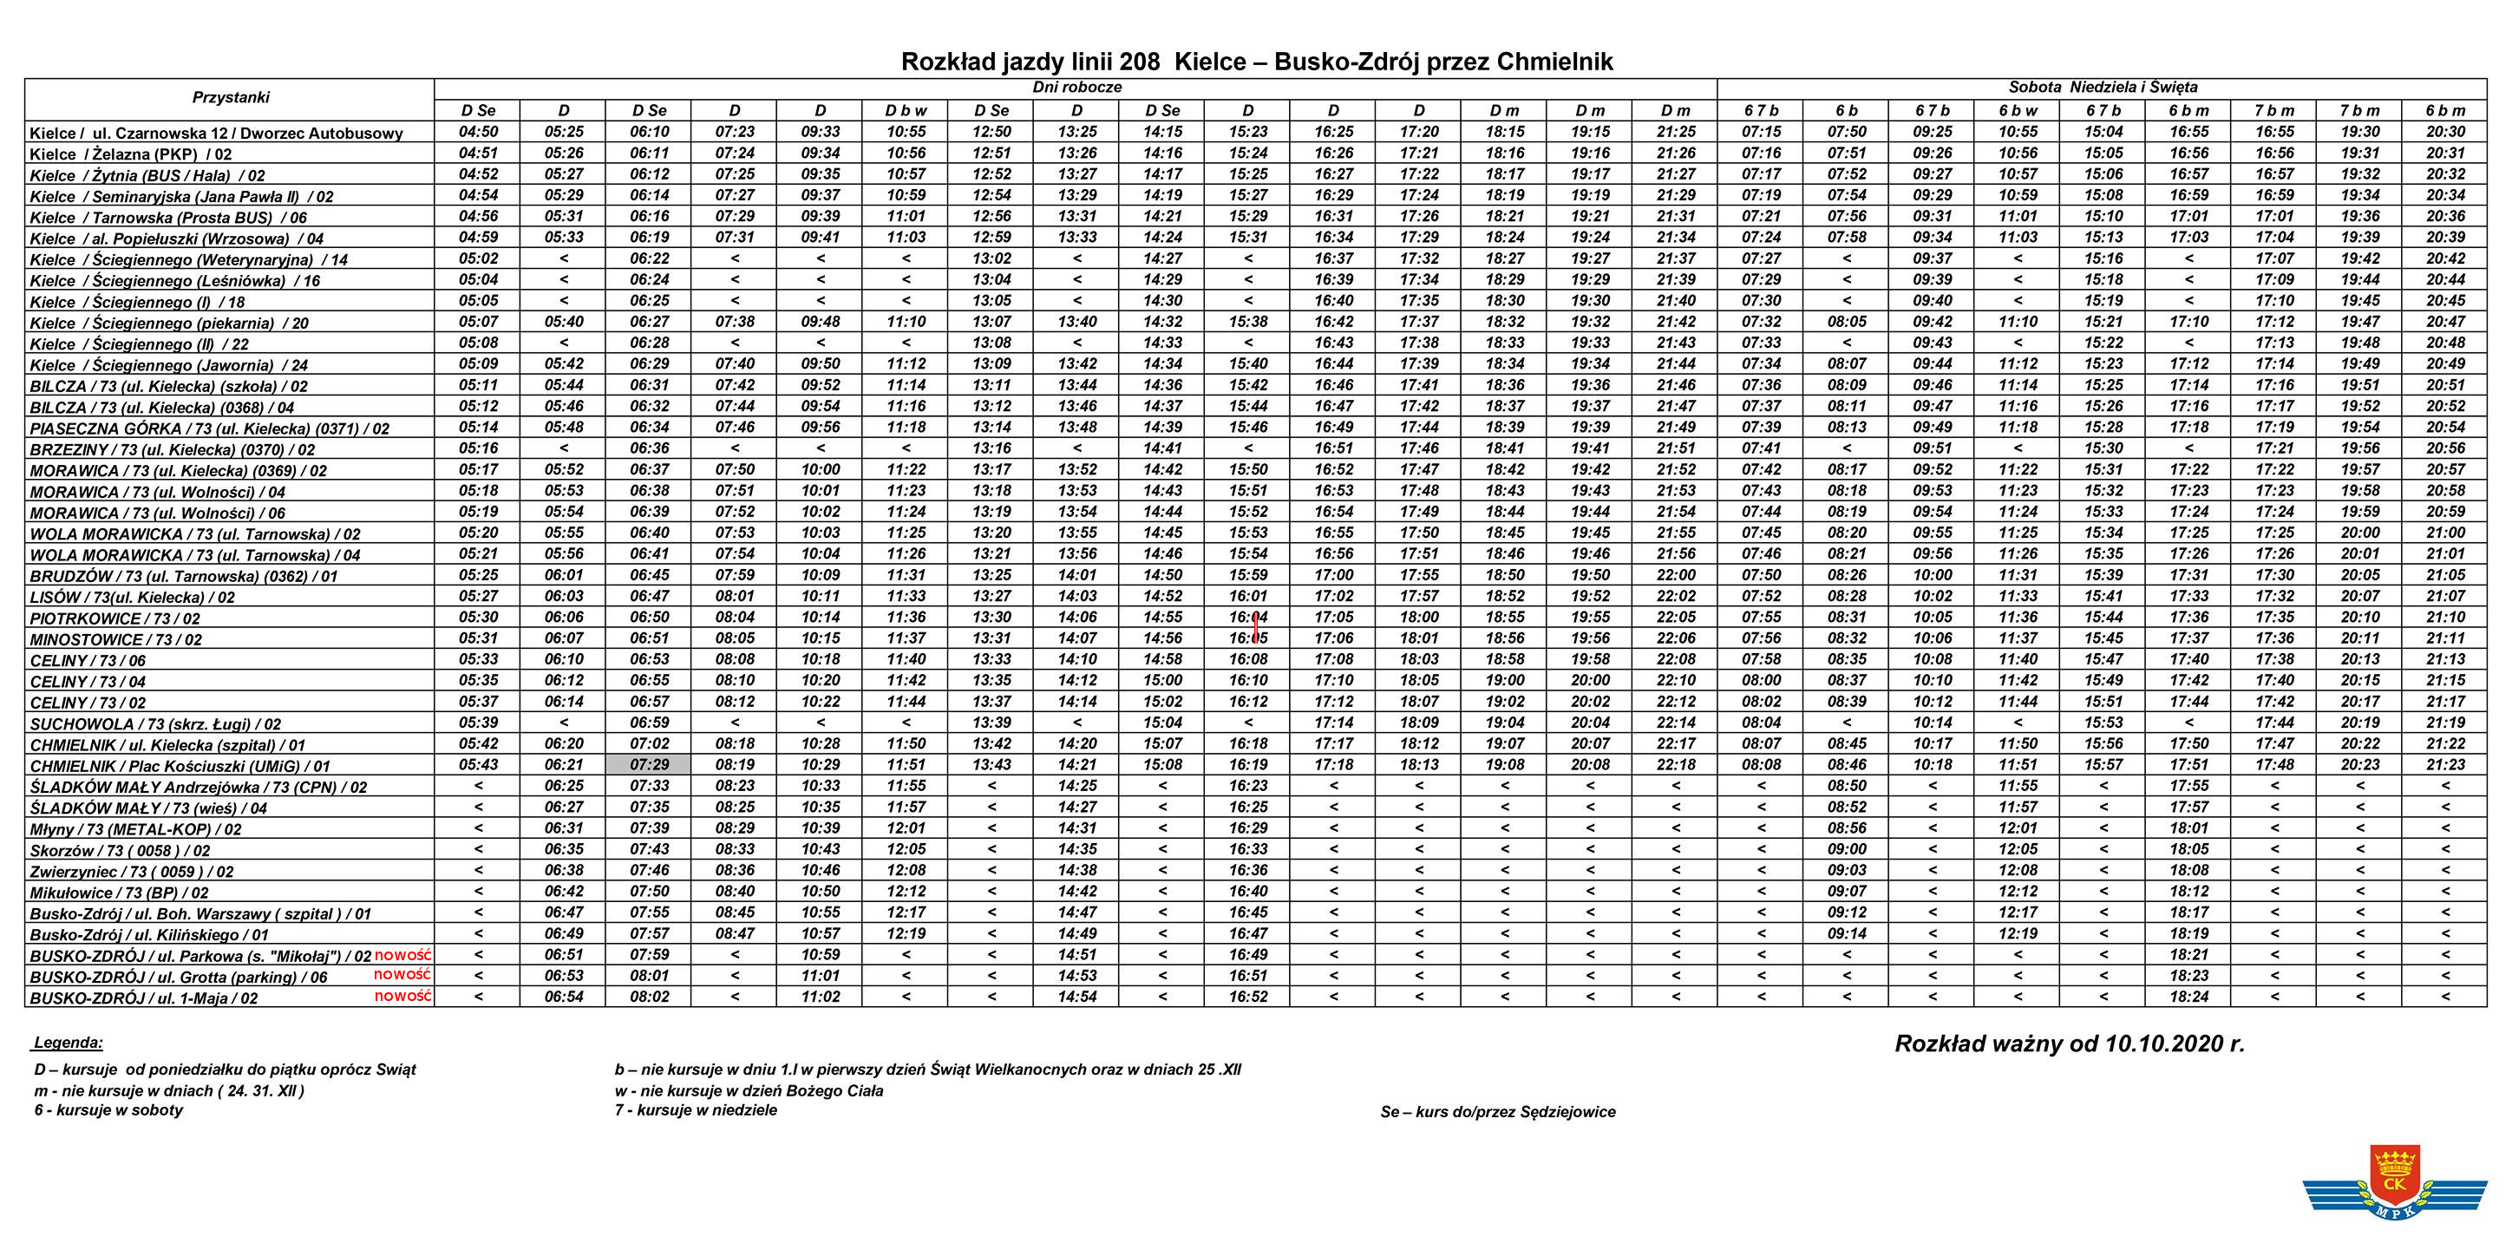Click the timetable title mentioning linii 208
click(x=1256, y=62)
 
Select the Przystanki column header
click(x=230, y=97)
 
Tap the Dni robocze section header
click(x=1076, y=88)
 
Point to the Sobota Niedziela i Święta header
click(x=2103, y=88)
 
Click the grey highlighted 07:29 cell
click(x=649, y=764)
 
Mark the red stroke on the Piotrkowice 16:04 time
click(x=1256, y=627)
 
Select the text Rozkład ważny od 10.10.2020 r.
click(x=2070, y=1044)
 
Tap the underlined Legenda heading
click(x=69, y=1043)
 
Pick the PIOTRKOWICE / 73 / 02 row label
click(x=115, y=618)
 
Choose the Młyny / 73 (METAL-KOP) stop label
click(x=135, y=829)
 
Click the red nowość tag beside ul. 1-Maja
click(x=402, y=996)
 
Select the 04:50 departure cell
click(x=478, y=132)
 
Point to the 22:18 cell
click(x=1675, y=764)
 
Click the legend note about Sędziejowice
click(x=1498, y=1112)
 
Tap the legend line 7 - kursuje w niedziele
click(x=696, y=1109)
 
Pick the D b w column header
click(x=906, y=110)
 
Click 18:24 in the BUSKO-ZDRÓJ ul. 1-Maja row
click(x=2188, y=997)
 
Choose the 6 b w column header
click(x=2018, y=110)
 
